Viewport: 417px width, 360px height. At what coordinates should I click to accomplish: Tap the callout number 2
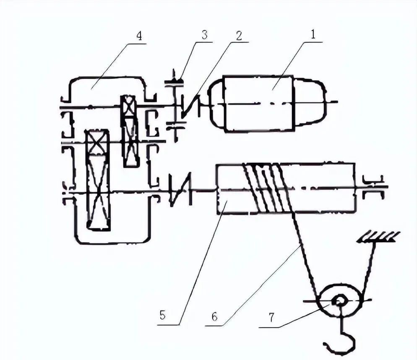(x=239, y=36)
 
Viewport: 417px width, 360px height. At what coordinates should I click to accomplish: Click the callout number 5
(x=162, y=316)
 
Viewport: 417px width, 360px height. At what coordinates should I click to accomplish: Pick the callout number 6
(x=215, y=317)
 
